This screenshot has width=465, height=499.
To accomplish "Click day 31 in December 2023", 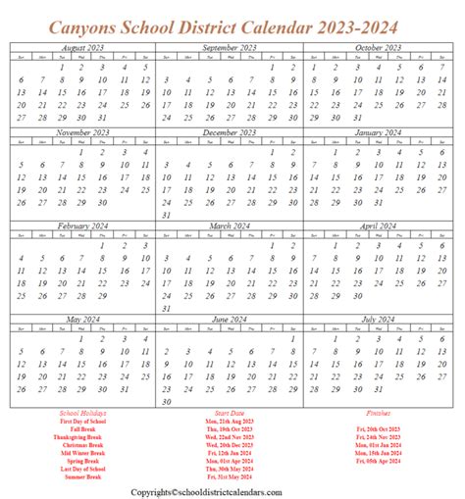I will (166, 215).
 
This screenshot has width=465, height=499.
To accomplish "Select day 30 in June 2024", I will (166, 401).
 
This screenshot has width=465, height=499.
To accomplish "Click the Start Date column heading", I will (232, 415).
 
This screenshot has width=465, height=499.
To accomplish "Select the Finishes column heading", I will (377, 415).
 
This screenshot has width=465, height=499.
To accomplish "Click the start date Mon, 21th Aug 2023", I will (232, 423).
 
